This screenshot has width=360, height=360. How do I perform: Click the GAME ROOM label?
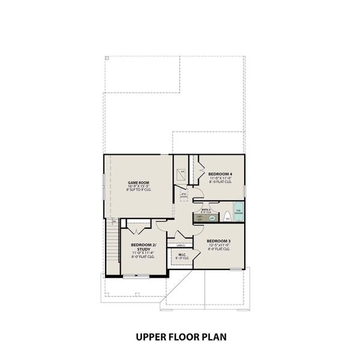tap(138, 182)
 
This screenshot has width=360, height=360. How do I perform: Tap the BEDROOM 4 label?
tap(220, 174)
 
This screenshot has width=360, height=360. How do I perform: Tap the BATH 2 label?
tap(206, 211)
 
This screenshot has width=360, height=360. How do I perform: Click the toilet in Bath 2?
tap(227, 218)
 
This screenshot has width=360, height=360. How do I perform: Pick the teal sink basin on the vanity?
tap(212, 218)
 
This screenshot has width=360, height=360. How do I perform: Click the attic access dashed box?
tap(184, 195)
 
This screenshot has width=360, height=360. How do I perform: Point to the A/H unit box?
tap(182, 175)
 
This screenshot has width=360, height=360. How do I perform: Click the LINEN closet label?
tap(180, 245)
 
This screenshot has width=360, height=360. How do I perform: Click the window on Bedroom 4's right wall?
tap(245, 191)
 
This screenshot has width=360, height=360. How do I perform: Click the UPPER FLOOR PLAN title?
tap(180, 337)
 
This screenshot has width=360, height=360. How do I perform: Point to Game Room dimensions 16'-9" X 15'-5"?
tap(138, 187)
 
